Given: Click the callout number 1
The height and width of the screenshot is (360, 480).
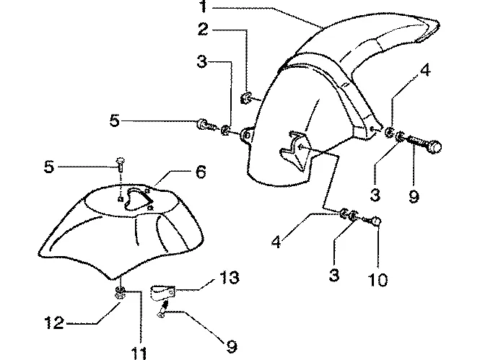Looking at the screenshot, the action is [204, 6].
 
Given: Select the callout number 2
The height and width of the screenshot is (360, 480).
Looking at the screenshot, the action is [204, 30].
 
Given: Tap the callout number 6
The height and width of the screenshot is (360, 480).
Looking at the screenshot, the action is [201, 172].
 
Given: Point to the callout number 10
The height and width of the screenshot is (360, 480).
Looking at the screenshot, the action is [378, 279].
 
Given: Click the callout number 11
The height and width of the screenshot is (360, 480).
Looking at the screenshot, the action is [139, 354].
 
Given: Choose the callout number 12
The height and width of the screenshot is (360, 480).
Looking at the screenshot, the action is [54, 322].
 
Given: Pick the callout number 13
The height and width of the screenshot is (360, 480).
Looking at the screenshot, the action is [230, 277].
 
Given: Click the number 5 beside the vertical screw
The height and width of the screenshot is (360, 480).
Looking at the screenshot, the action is [49, 167].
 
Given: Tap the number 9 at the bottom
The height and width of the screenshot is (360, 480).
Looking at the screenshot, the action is [232, 346].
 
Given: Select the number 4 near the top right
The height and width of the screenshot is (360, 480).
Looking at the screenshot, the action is [425, 70].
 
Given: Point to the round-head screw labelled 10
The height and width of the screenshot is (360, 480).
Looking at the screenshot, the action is [375, 221].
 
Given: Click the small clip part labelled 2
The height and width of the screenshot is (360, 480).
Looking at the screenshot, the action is [245, 99].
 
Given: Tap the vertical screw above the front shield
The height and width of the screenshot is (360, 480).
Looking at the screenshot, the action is [120, 164].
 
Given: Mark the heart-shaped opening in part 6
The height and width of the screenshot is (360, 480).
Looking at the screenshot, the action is [137, 199].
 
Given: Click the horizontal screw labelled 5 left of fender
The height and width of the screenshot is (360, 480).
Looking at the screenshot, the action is [206, 125].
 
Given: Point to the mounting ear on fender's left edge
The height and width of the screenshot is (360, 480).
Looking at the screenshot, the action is [246, 135].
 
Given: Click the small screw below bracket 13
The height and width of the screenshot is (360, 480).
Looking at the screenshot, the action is [162, 309].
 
